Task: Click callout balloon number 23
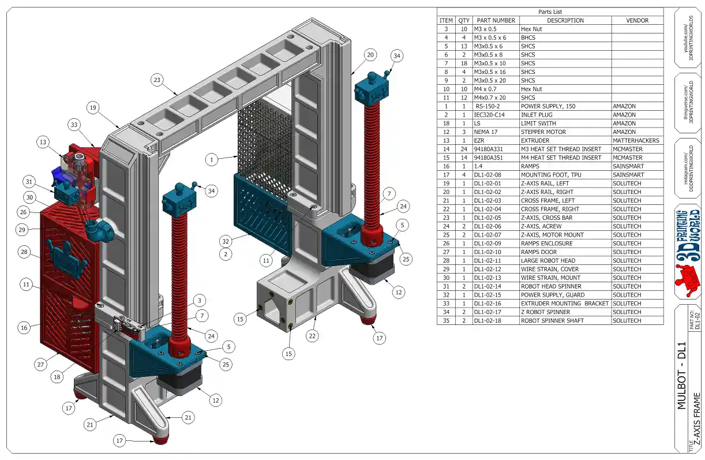[x=157, y=80]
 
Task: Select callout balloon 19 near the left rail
[x=93, y=107]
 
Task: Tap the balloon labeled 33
[x=74, y=124]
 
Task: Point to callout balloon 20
[x=370, y=55]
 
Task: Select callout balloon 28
[x=24, y=252]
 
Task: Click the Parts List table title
[x=550, y=12]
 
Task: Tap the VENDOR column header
[x=637, y=20]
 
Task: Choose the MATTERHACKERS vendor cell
[x=636, y=140]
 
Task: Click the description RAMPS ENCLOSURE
[x=546, y=244]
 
